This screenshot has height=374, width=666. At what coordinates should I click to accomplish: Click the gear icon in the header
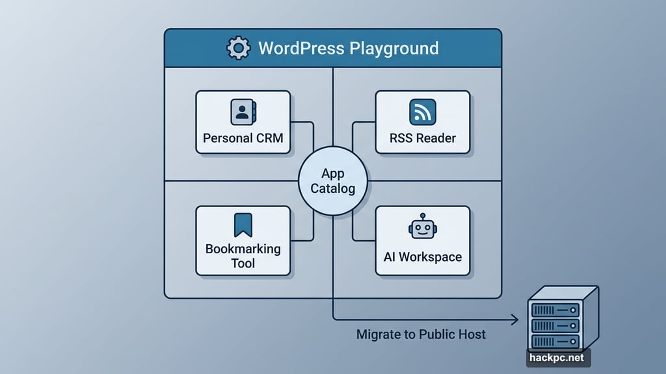coord(238,48)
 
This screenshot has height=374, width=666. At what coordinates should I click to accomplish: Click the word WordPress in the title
coord(301,48)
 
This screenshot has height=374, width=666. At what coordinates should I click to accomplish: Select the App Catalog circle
coord(332,181)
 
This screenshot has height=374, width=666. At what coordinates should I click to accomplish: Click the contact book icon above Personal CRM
coord(243,112)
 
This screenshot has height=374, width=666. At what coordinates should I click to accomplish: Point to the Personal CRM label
coord(243,138)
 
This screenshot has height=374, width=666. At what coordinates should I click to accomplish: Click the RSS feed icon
coord(422,112)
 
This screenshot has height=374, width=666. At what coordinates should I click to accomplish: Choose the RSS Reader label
coord(423,138)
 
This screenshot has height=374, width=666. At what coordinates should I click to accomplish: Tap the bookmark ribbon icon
coord(243,225)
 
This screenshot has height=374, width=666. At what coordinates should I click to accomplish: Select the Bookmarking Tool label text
coord(243,256)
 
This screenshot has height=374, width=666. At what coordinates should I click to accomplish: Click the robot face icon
coord(422,229)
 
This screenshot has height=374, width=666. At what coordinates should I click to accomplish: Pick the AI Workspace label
coord(423,256)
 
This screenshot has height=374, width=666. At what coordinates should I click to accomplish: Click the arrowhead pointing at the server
coord(514,319)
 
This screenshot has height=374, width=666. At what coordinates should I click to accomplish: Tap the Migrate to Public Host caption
coord(421,335)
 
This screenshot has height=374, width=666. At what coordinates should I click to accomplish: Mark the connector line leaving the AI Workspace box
coord(361,240)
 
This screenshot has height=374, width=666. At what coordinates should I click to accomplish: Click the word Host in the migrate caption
coord(471,335)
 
